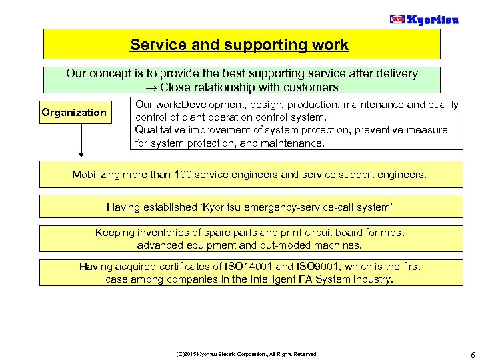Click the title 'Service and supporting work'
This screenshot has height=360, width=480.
tap(239, 45)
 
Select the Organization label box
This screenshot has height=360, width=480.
tap(74, 112)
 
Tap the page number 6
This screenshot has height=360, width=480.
tap(472, 353)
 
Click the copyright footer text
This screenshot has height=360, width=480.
tap(247, 354)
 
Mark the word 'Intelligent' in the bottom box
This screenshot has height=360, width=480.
tap(271, 279)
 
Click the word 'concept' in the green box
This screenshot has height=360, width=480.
tap(108, 74)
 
